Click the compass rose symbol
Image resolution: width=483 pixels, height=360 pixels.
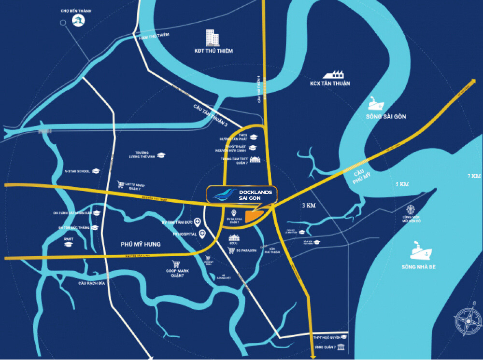point(467,320)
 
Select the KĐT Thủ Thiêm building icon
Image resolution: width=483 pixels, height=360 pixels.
point(212,38)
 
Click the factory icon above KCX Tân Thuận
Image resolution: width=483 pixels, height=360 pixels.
point(334,74)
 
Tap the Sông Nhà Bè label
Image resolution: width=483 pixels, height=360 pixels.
point(418,267)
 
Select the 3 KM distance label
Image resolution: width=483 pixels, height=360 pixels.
point(308,206)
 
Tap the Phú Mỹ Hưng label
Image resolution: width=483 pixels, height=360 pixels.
point(140,245)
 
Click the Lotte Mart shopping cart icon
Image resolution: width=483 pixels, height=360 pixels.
point(121,184)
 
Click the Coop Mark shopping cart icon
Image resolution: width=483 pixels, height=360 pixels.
point(176,264)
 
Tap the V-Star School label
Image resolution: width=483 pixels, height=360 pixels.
point(77,171)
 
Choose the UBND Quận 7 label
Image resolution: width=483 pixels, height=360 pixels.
point(324,348)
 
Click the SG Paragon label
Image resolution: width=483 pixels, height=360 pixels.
point(245,251)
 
